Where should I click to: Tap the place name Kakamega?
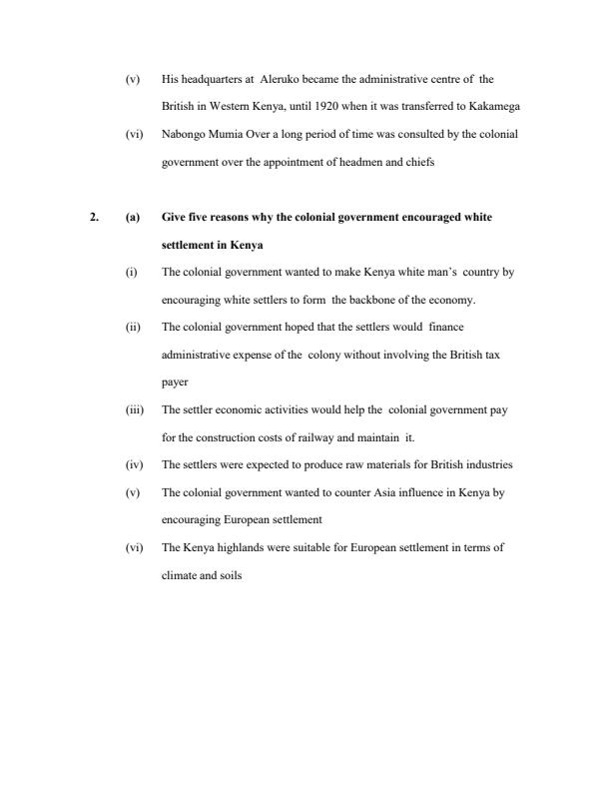pos(492,105)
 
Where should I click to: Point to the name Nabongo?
pos(182,133)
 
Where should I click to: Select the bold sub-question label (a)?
pos(132,216)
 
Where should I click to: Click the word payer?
pos(174,381)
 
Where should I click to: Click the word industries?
pos(491,464)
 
